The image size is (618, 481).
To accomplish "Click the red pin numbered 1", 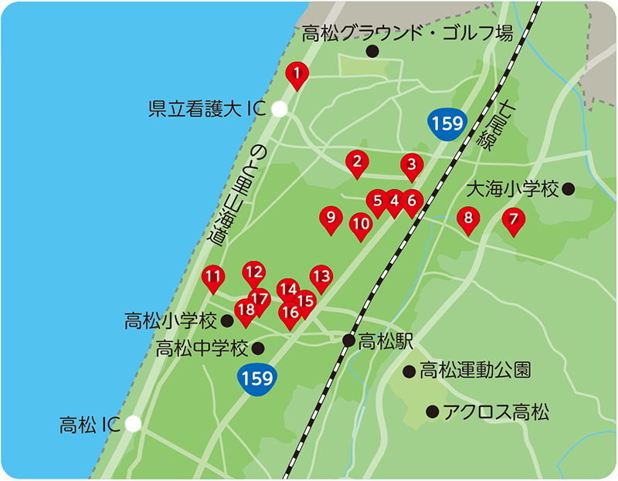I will [297, 74].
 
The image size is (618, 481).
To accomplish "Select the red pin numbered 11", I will [213, 276].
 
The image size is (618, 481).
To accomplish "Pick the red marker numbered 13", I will [321, 276].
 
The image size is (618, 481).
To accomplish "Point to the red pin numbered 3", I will [412, 164].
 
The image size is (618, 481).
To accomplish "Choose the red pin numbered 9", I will [331, 219].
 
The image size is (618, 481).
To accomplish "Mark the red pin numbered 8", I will [468, 219].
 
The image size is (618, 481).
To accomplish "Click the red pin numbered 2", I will [357, 162].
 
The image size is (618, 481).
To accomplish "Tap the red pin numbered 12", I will [253, 272].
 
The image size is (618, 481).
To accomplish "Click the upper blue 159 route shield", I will [447, 124].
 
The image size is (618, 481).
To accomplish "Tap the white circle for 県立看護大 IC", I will [280, 110].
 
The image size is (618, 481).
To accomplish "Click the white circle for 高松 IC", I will [134, 423].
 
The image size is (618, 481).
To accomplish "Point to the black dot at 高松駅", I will [349, 340].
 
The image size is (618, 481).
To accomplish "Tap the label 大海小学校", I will [513, 188].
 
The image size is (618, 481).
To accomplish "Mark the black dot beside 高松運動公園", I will [409, 371].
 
